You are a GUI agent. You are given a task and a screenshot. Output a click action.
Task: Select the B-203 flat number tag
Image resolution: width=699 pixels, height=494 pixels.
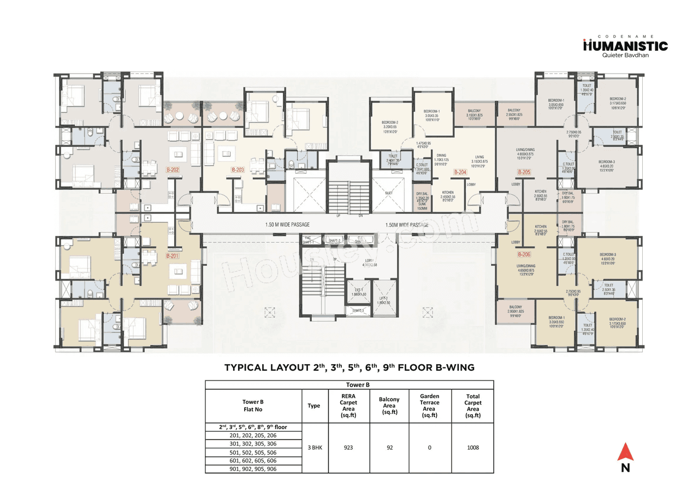237,170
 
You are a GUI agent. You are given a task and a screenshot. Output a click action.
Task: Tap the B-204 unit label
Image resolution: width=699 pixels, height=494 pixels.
460,172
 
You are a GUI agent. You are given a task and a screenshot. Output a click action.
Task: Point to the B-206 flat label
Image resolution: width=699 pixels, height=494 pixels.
524,254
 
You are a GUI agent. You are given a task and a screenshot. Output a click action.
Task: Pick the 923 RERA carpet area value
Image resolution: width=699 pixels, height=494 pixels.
349,448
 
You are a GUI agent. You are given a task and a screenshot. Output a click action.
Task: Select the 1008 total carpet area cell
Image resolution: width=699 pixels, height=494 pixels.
472,448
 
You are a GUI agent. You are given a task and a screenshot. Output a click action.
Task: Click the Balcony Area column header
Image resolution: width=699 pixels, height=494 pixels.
389,406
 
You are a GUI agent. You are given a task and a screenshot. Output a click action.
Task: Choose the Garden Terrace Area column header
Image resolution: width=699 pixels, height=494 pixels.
430,406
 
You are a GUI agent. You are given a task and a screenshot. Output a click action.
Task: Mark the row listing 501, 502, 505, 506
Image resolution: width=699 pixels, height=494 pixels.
253,453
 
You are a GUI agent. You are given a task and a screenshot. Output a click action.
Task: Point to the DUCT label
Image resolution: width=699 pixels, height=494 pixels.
388,193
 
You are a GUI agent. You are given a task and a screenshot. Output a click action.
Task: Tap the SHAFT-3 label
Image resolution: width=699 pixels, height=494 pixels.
358,310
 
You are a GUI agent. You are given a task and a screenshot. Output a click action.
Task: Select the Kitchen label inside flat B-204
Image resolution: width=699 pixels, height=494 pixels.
448,193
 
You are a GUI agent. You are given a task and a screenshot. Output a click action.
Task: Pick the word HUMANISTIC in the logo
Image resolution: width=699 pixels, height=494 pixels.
625,46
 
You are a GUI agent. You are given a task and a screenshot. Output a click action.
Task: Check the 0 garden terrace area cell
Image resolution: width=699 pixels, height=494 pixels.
430,448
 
